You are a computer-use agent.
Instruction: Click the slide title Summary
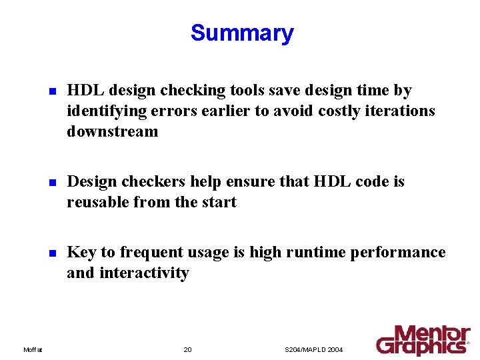click(x=241, y=33)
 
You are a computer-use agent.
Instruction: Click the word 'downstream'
click(x=112, y=131)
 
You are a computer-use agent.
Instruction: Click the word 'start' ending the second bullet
click(x=219, y=202)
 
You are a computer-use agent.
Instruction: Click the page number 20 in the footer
click(x=187, y=349)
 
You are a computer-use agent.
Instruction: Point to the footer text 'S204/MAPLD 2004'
click(x=313, y=349)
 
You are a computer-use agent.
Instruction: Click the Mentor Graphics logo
click(x=423, y=339)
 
